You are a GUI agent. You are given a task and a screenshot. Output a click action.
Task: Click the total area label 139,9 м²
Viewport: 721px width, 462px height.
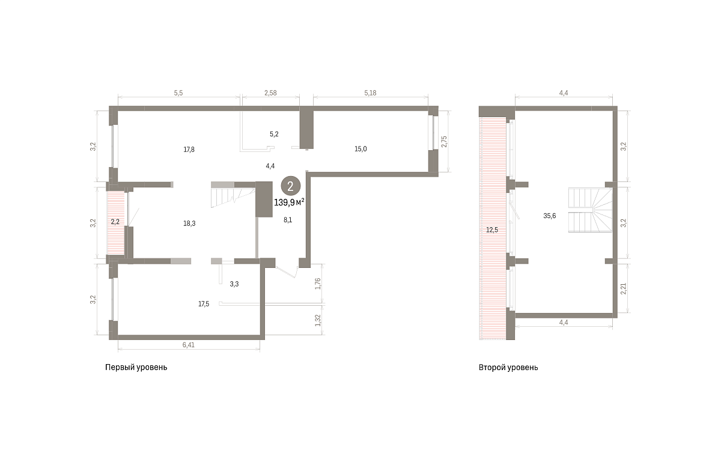click(289, 202)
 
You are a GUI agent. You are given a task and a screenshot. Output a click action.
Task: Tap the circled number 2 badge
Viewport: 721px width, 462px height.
click(291, 186)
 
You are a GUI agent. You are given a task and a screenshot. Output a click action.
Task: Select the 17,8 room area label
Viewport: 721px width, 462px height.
click(189, 150)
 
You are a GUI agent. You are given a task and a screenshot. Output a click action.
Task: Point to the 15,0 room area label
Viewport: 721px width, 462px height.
click(360, 149)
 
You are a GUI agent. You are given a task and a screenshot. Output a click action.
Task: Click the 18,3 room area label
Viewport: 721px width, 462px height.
click(189, 223)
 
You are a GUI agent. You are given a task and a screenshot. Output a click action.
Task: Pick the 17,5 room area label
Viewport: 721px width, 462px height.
click(204, 304)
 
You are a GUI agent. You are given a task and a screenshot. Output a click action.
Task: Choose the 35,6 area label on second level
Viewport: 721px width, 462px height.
click(549, 216)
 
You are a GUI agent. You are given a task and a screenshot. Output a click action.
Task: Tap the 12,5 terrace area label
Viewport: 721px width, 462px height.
click(492, 229)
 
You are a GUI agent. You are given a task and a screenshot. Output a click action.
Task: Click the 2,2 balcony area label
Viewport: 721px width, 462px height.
click(115, 222)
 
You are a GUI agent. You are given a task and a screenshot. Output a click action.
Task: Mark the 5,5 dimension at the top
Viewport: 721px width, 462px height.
click(178, 93)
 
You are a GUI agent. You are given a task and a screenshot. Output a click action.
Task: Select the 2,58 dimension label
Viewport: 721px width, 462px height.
click(270, 93)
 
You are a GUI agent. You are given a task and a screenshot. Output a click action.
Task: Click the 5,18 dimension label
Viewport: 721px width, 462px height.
click(370, 93)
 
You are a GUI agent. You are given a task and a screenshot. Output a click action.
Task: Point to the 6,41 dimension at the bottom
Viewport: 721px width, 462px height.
click(189, 345)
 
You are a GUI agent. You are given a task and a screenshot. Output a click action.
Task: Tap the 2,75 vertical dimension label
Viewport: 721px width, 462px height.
click(444, 142)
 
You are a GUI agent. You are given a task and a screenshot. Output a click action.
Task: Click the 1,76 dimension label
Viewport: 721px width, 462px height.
click(318, 284)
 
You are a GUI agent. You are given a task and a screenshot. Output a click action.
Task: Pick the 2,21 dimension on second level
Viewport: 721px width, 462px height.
click(624, 288)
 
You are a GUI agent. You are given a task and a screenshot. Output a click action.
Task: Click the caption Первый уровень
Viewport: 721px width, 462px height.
click(136, 367)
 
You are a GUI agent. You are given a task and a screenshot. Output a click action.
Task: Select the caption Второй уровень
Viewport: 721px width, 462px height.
click(508, 367)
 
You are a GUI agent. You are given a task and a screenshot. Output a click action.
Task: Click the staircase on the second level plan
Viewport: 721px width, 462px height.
click(590, 210)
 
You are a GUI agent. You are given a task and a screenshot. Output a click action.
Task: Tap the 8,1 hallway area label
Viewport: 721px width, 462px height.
click(288, 220)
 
